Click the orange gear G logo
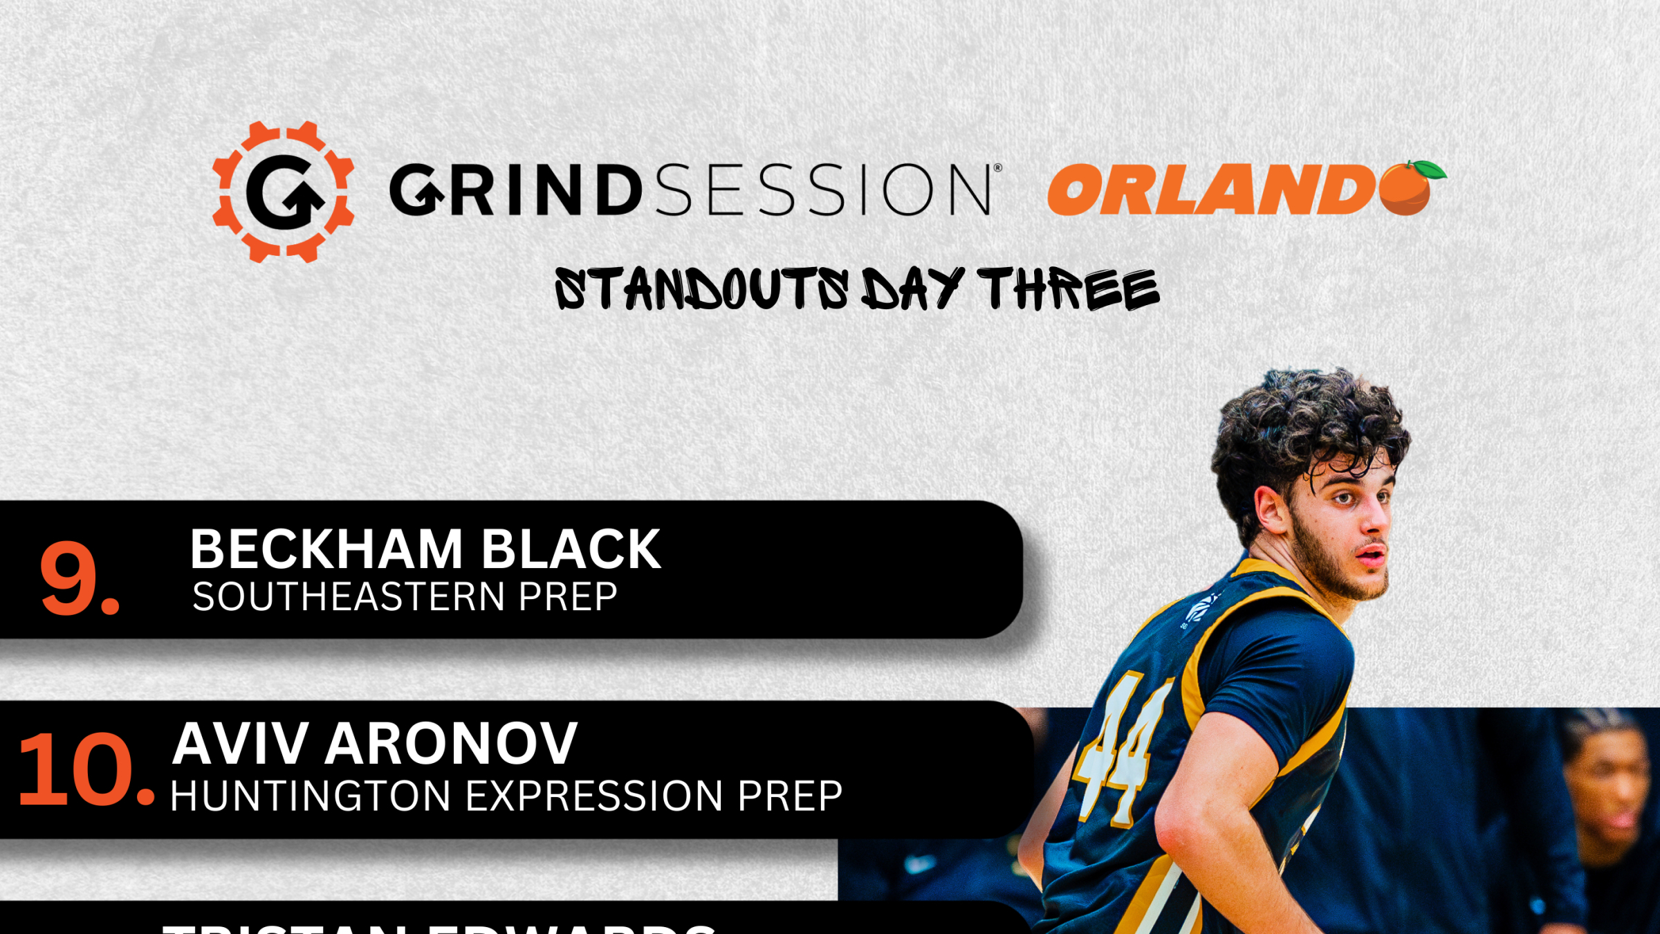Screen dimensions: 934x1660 click(284, 192)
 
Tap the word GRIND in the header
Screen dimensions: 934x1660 click(515, 190)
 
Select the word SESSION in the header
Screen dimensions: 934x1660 click(823, 190)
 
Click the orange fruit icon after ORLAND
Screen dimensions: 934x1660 click(1408, 188)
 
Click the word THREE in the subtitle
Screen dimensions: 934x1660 click(1069, 289)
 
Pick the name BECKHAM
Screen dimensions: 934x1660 click(326, 549)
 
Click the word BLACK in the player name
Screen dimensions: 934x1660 click(571, 549)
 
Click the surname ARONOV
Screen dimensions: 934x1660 click(451, 744)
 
